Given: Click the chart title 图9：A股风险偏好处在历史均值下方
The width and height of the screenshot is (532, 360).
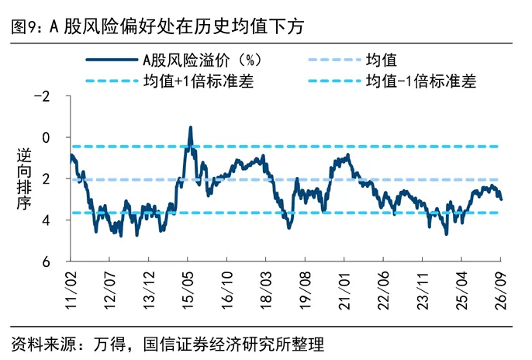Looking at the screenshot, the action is [157, 26].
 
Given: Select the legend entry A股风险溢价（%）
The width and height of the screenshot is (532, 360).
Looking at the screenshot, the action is [202, 61].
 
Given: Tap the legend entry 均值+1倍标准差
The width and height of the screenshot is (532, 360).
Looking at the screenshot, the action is [199, 81].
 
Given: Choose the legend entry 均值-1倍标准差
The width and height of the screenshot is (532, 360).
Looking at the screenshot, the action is [420, 81].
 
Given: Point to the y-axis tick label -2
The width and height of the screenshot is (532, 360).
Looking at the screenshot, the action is [42, 97].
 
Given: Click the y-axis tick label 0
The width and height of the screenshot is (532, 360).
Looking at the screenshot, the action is [46, 138].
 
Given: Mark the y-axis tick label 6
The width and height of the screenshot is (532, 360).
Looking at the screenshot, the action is [46, 261].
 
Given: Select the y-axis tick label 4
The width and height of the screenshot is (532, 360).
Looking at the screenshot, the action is [46, 220].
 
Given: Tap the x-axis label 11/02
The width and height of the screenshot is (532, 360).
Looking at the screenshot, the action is [71, 290].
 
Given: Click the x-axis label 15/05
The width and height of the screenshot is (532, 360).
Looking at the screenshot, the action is [188, 290].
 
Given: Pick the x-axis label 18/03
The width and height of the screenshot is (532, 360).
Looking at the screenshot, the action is [266, 290].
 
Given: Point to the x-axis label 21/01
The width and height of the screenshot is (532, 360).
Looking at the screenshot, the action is [344, 290].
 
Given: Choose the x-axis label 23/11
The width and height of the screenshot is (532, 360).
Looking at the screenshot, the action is [423, 290].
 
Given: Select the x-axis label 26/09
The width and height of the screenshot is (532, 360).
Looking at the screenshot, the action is [501, 290].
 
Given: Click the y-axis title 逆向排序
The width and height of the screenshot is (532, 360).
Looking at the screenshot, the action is [24, 179].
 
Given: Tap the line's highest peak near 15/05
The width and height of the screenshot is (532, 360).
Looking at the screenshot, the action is [191, 127].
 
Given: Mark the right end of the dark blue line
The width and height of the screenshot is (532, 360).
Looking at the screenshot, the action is [501, 199].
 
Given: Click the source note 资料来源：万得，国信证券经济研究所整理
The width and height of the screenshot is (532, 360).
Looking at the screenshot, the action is [168, 344].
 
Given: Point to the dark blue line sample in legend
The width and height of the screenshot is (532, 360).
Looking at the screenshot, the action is [112, 60].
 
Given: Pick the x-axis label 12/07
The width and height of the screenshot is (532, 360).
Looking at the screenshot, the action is [110, 290].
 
